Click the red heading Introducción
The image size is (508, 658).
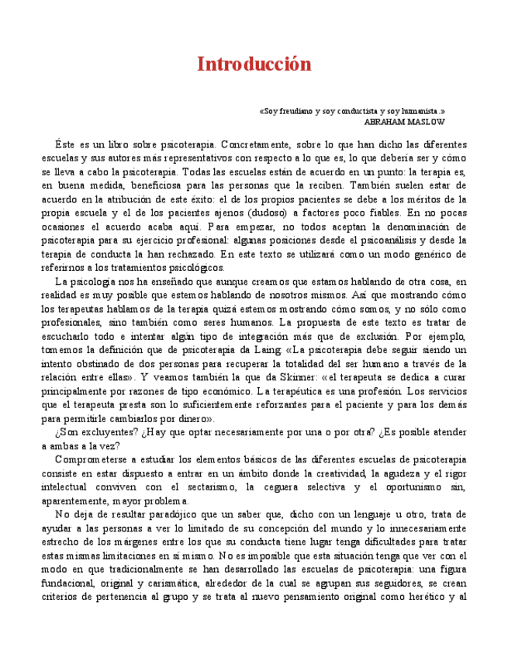(254, 64)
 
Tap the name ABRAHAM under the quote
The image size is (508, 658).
(388, 122)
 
